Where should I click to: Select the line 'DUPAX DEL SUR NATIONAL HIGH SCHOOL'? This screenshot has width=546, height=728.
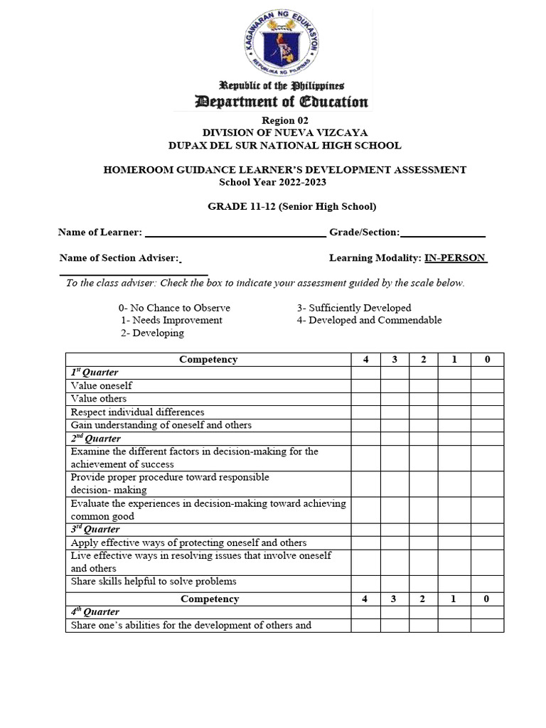(284, 145)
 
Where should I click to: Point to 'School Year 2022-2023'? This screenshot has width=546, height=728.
(272, 182)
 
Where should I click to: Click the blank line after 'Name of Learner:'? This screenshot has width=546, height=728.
(235, 232)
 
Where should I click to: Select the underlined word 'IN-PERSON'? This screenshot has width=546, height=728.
(455, 257)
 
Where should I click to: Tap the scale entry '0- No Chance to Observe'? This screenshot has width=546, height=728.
(174, 308)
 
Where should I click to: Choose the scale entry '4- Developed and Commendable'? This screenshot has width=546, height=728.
(369, 320)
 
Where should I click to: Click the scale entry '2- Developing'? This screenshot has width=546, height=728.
(152, 333)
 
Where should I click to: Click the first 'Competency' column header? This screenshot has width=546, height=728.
(208, 360)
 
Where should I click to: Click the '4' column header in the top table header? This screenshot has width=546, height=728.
(365, 360)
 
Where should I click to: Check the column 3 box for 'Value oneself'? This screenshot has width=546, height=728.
(395, 386)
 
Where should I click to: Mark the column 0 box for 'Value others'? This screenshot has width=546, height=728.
(487, 399)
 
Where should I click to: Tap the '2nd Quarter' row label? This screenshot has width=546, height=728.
(95, 439)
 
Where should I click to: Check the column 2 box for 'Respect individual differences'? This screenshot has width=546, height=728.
(423, 412)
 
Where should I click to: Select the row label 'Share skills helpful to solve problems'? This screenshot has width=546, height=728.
(154, 582)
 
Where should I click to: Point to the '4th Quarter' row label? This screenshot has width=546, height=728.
(95, 612)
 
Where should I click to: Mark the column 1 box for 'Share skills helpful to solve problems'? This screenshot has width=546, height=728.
(454, 582)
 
